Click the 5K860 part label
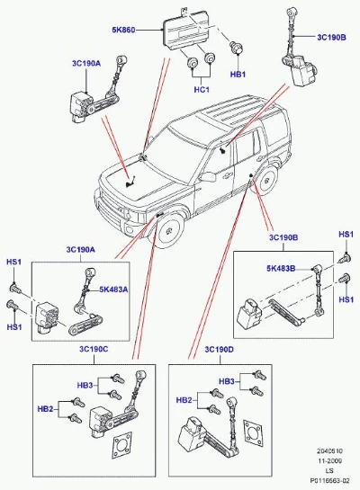(123, 30)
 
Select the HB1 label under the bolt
(238, 75)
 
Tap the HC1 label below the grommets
(202, 90)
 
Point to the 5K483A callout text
(113, 290)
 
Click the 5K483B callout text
(281, 269)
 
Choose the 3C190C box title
(94, 349)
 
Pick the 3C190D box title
(220, 350)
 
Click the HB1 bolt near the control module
(237, 47)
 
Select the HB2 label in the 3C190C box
(45, 409)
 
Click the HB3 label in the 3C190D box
(227, 381)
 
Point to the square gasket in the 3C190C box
(122, 445)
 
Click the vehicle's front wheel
(169, 229)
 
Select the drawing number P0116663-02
(329, 481)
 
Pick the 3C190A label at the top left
(86, 64)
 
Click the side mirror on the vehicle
(207, 176)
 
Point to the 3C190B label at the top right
(331, 37)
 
